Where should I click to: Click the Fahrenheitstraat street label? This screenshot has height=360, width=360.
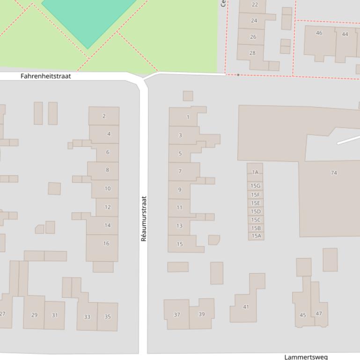coord(46,76)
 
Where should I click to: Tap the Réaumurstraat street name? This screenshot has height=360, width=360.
coord(144,218)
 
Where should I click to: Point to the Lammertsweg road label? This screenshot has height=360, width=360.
coord(306,357)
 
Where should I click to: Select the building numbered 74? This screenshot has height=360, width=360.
coord(334,173)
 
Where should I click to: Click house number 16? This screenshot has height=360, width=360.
coord(106,243)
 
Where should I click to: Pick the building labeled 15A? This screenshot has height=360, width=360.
coord(256,236)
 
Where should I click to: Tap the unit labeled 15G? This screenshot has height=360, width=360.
coord(255,186)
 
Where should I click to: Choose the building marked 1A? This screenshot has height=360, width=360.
coord(255,173)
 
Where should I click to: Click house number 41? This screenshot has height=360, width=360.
coord(246,307)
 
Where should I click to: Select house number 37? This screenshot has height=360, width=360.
coord(177,315)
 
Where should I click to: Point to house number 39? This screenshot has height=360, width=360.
coord(202,314)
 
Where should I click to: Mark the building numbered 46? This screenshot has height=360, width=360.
coord(319,33)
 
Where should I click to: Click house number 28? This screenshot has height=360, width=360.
coord(253,53)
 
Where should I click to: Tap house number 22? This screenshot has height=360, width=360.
coord(255,5)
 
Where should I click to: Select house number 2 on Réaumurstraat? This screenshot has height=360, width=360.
coord(104,116)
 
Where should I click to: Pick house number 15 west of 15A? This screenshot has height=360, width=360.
coord(180,244)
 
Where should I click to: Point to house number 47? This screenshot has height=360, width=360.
coord(319,313)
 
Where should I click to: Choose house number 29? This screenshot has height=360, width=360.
coord(34,315)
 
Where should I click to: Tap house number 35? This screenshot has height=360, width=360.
coord(108,317)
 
